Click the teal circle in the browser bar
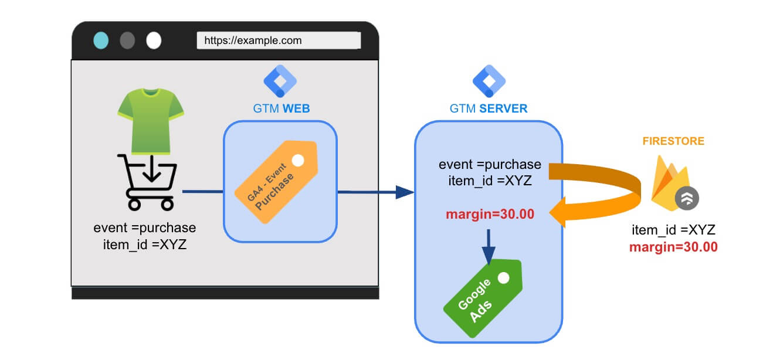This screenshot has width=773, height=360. [101, 40]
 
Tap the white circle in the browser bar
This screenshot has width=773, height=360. [154, 40]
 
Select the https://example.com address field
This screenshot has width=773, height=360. [279, 40]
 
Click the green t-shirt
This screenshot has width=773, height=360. [151, 121]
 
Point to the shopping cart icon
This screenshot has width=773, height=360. [148, 182]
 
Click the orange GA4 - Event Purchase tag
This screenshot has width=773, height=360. [276, 181]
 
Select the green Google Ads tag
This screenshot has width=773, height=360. [483, 298]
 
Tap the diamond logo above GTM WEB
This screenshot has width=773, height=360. [280, 81]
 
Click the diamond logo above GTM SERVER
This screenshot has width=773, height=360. [489, 81]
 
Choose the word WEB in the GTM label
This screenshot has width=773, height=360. [296, 108]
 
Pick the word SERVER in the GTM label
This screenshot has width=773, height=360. [503, 108]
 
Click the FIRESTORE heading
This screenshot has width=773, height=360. [673, 141]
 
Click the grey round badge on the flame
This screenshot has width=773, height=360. [687, 198]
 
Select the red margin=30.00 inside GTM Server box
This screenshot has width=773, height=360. [490, 214]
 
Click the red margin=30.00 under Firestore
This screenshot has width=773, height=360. [673, 247]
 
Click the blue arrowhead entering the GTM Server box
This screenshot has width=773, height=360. [405, 192]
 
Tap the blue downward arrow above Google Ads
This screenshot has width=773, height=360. [489, 247]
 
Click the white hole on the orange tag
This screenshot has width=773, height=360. [298, 160]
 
